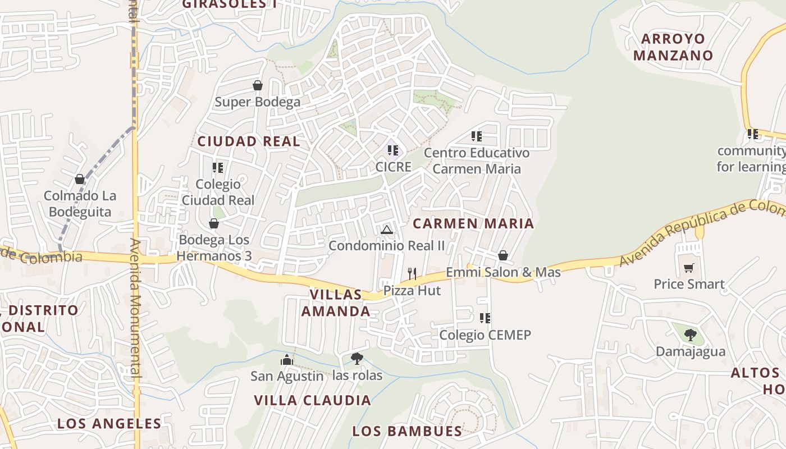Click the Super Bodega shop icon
click(258, 85)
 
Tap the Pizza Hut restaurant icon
click(412, 273)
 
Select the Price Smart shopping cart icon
click(689, 268)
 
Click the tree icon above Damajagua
click(691, 335)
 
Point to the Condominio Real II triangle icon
click(386, 229)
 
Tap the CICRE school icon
click(393, 150)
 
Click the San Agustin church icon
click(287, 359)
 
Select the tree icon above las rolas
click(357, 359)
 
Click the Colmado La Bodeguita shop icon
click(80, 179)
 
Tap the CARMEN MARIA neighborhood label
click(473, 223)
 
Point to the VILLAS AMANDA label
click(336, 303)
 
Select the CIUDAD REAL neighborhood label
click(249, 141)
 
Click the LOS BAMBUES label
click(407, 431)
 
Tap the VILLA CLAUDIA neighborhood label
click(312, 400)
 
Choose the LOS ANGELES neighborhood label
click(109, 423)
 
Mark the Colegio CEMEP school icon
click(485, 318)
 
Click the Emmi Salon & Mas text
click(503, 272)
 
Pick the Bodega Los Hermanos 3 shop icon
click(214, 223)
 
